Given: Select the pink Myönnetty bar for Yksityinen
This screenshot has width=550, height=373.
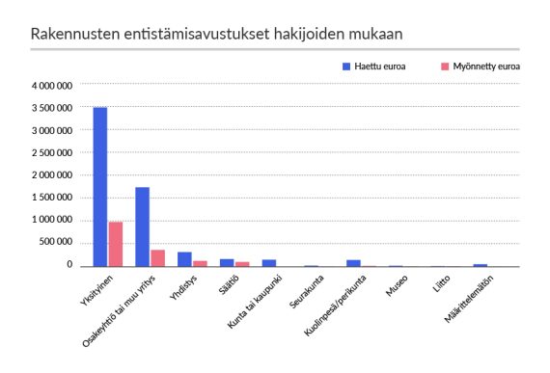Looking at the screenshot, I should (x=116, y=244).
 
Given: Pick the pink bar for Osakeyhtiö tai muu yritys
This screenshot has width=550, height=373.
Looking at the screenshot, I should (x=158, y=257).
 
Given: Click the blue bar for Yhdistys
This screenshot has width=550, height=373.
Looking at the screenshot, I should (x=184, y=258).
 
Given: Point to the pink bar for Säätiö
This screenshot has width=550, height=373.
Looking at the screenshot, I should (x=243, y=263).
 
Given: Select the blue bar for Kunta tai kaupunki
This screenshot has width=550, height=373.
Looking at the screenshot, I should (x=269, y=262).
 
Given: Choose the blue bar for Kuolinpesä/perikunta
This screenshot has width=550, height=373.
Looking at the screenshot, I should (x=354, y=262).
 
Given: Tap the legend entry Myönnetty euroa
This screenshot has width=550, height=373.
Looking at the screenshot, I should (x=485, y=68).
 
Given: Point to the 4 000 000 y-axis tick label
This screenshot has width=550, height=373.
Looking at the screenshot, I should (x=52, y=86).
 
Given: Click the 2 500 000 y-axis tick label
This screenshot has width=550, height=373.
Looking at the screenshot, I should (x=52, y=152).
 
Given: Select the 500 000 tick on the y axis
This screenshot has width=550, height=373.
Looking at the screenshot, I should (x=57, y=242).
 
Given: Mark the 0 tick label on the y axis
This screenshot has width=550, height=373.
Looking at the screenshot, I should (x=70, y=264).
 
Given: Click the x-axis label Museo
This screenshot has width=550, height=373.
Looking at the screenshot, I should (x=397, y=287).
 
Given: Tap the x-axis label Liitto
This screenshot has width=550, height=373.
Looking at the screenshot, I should (x=440, y=286).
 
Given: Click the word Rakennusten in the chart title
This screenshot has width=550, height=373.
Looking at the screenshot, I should (x=72, y=34).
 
